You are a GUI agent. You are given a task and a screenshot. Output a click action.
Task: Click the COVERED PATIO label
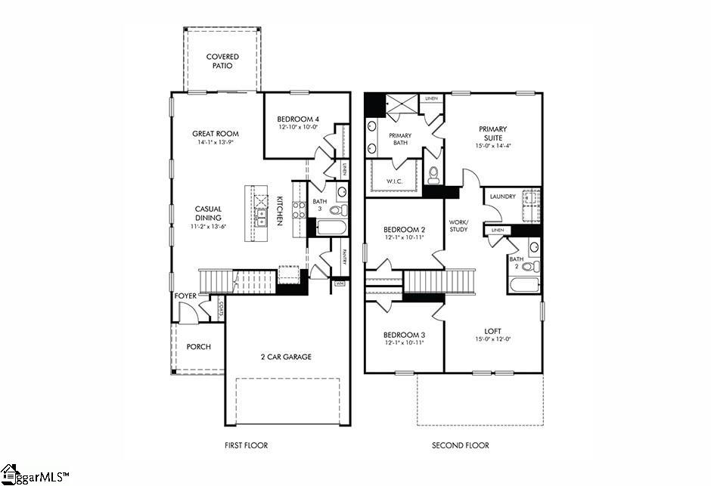click(x=222, y=61)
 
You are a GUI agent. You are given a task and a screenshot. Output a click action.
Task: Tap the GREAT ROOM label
click(x=215, y=134)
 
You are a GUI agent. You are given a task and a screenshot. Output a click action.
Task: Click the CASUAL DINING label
click(x=207, y=214)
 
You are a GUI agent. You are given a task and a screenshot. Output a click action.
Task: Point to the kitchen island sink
click(x=261, y=219)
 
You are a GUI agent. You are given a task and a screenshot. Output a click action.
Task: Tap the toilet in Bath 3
click(x=337, y=210)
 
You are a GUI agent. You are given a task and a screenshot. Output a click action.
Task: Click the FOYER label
click(x=185, y=296)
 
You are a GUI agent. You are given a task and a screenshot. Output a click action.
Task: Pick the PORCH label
click(x=198, y=347)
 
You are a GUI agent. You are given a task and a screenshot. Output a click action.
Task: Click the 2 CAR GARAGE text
click(x=286, y=357)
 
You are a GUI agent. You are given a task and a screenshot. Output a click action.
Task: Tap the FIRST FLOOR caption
click(x=246, y=446)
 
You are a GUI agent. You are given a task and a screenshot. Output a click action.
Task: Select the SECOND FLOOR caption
click(x=460, y=446)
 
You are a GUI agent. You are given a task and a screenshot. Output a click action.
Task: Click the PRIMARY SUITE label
click(x=492, y=134)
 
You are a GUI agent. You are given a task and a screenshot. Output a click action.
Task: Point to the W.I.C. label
click(x=393, y=181)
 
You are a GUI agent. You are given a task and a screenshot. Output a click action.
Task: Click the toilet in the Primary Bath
click(x=434, y=175)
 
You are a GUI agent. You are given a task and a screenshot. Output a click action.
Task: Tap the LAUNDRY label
click(x=502, y=197)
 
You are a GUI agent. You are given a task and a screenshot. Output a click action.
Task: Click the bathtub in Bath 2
click(x=524, y=285)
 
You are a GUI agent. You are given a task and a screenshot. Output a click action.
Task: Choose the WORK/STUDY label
click(x=459, y=225)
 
